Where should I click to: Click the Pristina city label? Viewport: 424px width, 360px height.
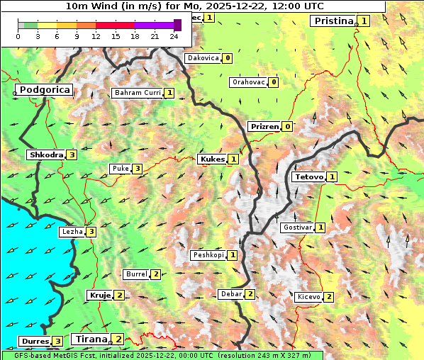333,21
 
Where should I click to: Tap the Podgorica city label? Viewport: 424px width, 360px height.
44,90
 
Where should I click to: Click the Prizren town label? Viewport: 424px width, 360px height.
264,127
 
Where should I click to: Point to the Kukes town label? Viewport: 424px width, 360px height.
212,159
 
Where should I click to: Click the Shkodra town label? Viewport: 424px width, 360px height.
46,154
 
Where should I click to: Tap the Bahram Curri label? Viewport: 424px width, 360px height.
138,93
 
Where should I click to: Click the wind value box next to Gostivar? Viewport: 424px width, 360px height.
320,227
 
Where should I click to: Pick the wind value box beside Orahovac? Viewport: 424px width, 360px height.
274,82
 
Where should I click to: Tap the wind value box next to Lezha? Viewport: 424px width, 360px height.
91,231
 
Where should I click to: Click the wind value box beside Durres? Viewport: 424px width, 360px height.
57,342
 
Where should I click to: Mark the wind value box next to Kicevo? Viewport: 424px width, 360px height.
329,296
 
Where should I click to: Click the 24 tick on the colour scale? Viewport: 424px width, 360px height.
174,36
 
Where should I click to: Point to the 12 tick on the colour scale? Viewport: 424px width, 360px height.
96,36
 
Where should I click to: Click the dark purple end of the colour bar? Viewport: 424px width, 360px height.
177,25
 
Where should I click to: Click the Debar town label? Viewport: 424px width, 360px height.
231,294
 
